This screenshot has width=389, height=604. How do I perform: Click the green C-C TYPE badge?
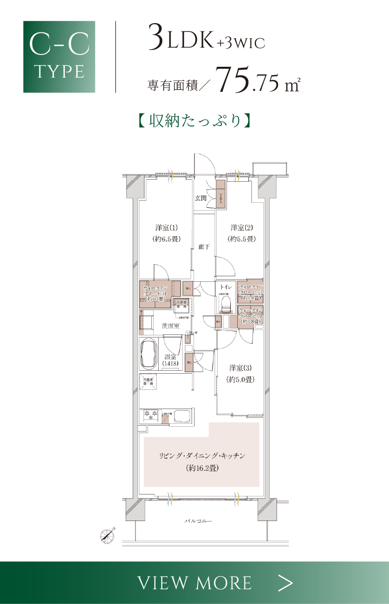(x=59, y=56)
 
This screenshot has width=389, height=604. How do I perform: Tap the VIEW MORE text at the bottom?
(x=194, y=583)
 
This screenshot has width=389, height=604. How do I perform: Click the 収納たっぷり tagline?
(x=194, y=120)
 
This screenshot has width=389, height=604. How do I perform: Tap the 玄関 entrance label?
(x=200, y=198)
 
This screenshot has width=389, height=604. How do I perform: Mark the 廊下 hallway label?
(x=204, y=247)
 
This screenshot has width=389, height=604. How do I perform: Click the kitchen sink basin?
(x=182, y=416)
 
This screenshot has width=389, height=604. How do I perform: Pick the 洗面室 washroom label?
(x=170, y=326)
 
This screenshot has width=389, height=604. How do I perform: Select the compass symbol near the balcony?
(x=107, y=535)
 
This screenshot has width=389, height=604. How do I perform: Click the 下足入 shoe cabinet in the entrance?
(x=221, y=197)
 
